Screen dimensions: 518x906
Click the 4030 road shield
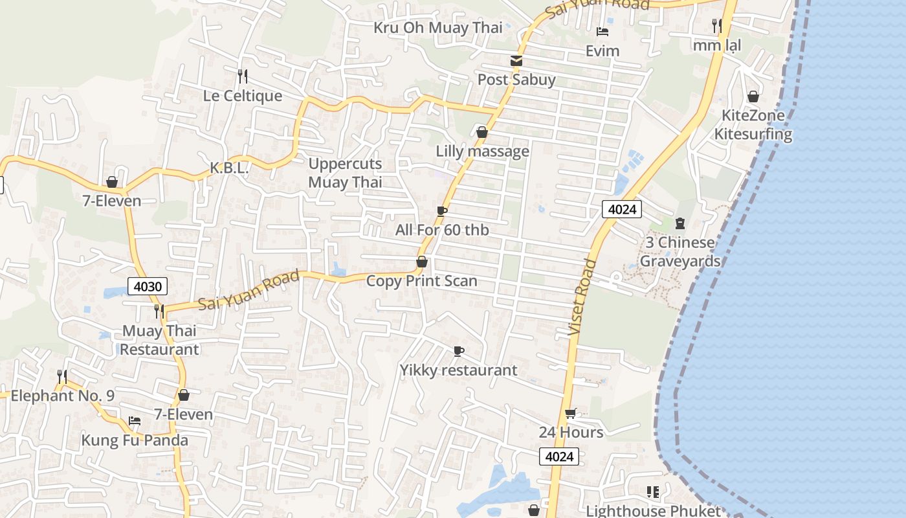tap(148, 286)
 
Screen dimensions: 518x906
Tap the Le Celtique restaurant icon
tap(243, 76)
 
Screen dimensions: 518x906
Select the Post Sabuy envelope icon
tap(516, 61)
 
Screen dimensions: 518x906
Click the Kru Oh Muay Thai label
tap(438, 28)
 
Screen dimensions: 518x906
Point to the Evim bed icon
tap(602, 32)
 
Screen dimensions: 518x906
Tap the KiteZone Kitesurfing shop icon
tap(753, 96)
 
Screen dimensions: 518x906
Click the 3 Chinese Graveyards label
tap(680, 252)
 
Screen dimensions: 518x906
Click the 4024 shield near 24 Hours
tap(559, 456)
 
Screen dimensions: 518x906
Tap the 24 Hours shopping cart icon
tap(570, 413)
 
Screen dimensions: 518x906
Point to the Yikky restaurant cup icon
tap(458, 351)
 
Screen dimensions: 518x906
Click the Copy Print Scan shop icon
tap(422, 262)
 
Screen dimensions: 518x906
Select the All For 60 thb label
tap(442, 230)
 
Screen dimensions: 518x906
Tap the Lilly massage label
tap(482, 152)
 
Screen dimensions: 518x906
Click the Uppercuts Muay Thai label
tap(345, 173)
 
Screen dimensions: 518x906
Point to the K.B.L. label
tap(229, 168)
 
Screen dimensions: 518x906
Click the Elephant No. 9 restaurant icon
tap(62, 376)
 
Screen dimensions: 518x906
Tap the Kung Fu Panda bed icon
tap(135, 421)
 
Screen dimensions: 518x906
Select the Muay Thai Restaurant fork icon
tap(159, 311)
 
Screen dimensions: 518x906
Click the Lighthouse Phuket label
tap(653, 511)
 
